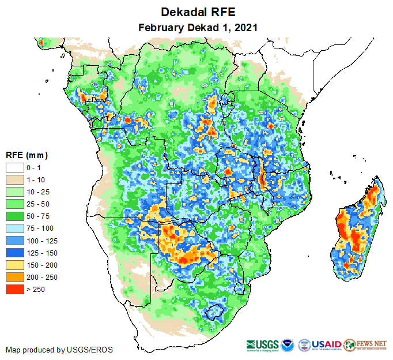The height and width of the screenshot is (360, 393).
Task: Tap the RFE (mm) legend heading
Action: click(x=27, y=155)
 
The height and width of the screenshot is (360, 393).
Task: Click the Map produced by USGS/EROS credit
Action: click(x=59, y=350)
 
